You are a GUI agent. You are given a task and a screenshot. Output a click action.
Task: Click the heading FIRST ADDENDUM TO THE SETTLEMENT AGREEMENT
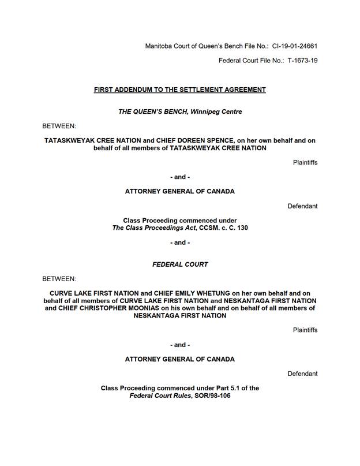[x=180, y=90]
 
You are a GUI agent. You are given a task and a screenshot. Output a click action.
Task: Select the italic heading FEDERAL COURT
[x=180, y=264]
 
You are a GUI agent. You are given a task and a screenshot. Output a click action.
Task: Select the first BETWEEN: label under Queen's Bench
[x=59, y=125]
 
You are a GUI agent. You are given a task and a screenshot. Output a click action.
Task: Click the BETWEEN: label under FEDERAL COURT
[x=59, y=278]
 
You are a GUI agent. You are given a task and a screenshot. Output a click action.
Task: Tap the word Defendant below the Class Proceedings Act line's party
[x=302, y=206]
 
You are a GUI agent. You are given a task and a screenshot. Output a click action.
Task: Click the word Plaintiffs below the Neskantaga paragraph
[x=305, y=330]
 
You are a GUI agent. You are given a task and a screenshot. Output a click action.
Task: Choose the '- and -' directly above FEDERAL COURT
[x=180, y=243]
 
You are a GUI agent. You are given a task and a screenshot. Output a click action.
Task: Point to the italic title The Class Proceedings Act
[x=150, y=228]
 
